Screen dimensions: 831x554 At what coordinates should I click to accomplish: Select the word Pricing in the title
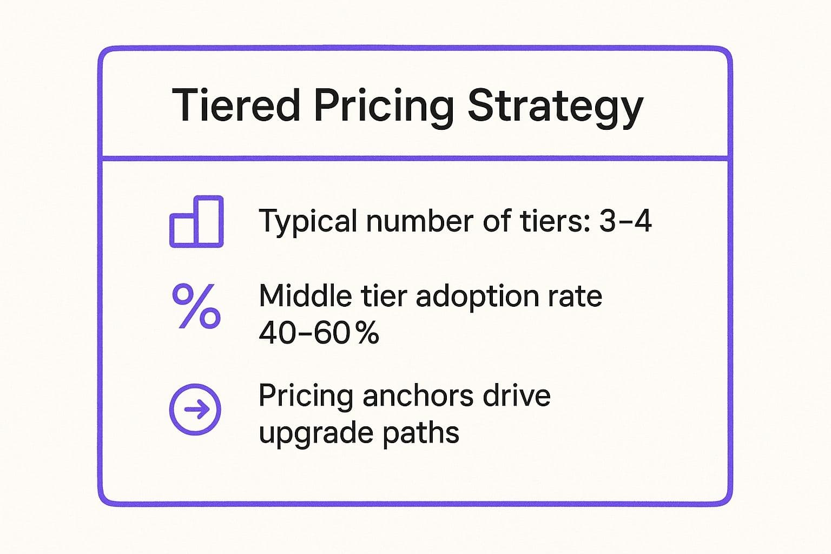pyautogui.click(x=384, y=108)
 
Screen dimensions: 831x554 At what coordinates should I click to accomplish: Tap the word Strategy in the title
pyautogui.click(x=556, y=108)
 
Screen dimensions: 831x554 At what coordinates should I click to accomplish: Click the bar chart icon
pyautogui.click(x=196, y=221)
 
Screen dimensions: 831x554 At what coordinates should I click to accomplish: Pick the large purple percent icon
pyautogui.click(x=196, y=307)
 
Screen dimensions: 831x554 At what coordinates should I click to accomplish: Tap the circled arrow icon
pyautogui.click(x=195, y=410)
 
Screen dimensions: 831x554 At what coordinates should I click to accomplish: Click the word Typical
pyautogui.click(x=308, y=221)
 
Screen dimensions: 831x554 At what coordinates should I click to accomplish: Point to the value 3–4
pyautogui.click(x=625, y=220)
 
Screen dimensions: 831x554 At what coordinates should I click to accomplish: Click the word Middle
pyautogui.click(x=305, y=295)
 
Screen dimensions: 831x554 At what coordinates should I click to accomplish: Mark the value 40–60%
pyautogui.click(x=319, y=332)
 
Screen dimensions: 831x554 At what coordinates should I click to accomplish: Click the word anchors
pyautogui.click(x=418, y=395)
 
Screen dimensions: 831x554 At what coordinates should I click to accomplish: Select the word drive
pyautogui.click(x=517, y=395)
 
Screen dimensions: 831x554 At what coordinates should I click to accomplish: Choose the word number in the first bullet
pyautogui.click(x=420, y=220)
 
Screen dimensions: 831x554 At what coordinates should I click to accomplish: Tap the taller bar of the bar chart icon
pyautogui.click(x=209, y=221)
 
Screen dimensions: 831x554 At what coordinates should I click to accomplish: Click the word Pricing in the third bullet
pyautogui.click(x=305, y=397)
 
